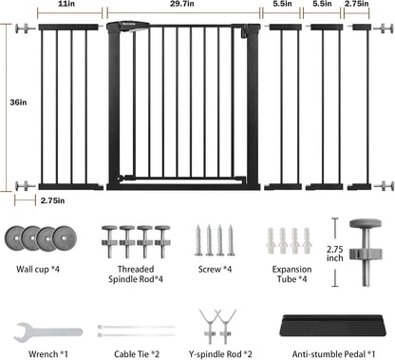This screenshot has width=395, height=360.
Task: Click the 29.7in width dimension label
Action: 182,4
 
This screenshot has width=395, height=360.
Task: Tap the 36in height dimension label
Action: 18,103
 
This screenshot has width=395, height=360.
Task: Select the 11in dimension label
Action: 67,4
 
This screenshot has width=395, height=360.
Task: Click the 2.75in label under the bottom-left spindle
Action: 52,200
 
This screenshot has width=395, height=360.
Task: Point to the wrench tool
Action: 48,332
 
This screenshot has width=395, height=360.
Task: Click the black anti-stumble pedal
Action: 333,325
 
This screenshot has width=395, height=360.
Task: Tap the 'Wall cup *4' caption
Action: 38,269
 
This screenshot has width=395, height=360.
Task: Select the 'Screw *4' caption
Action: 215,269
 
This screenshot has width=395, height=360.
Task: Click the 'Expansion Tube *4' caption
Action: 292,275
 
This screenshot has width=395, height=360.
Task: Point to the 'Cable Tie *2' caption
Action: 137,354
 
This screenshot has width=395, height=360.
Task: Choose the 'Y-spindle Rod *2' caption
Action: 220,354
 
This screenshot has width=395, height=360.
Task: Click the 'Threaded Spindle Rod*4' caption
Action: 136,275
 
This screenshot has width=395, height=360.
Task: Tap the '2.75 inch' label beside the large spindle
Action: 335,254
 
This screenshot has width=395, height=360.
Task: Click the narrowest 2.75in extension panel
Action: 360,107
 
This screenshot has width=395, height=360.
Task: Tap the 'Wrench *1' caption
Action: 48,354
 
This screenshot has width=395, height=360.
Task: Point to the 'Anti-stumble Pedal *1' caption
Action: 333,354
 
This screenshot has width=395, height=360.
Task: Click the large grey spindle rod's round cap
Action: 366,224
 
